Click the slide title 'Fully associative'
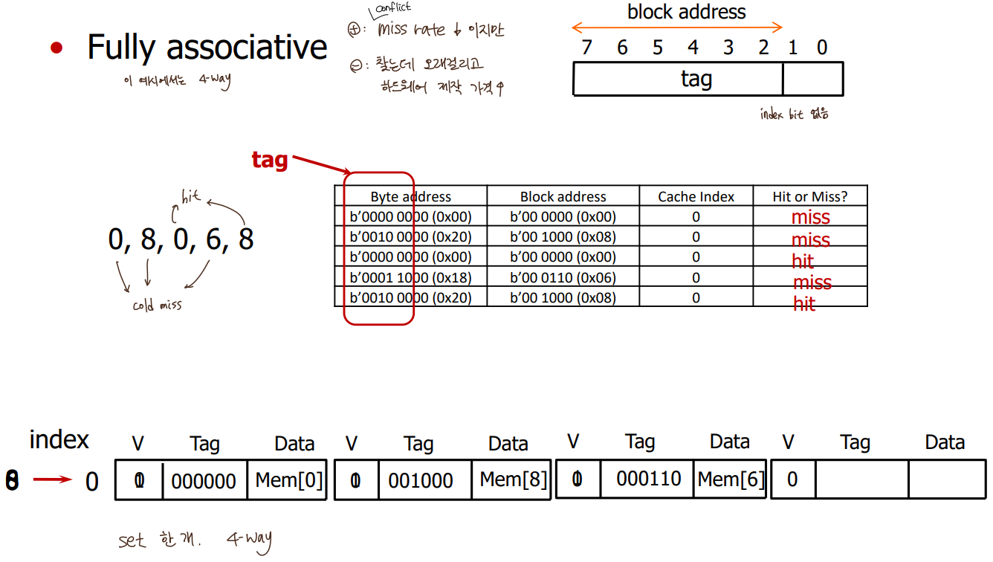(x=207, y=48)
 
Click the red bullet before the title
(x=56, y=48)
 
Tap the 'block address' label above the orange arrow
(x=686, y=12)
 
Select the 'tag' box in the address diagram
(x=678, y=79)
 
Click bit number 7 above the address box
(x=586, y=48)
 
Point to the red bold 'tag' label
(x=269, y=159)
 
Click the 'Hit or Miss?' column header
(x=809, y=196)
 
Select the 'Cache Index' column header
(x=696, y=196)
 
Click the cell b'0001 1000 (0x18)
(x=410, y=277)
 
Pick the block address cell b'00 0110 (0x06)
(x=563, y=277)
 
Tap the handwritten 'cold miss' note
(x=157, y=306)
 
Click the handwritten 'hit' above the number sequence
(x=192, y=198)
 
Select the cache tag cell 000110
(x=648, y=479)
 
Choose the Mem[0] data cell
(x=289, y=479)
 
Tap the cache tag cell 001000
(x=421, y=480)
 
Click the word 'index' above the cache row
(x=59, y=439)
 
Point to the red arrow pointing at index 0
(x=51, y=480)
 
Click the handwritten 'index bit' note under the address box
(x=794, y=114)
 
